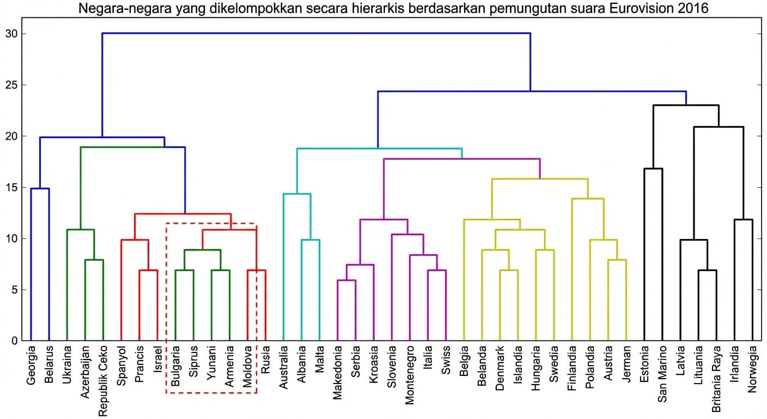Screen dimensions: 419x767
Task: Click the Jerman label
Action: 626,364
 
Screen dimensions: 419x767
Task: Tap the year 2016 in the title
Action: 693,9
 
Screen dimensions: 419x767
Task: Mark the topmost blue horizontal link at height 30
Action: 316,33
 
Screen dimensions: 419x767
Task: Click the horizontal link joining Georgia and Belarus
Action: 40,189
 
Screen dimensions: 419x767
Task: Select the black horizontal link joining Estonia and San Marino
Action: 653,169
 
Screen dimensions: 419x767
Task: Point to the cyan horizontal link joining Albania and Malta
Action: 310,240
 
